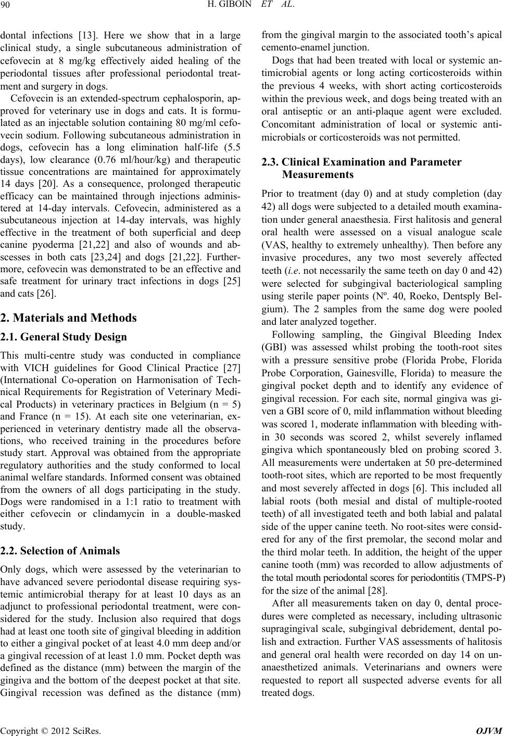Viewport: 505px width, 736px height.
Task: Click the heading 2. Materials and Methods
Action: tap(69, 318)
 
